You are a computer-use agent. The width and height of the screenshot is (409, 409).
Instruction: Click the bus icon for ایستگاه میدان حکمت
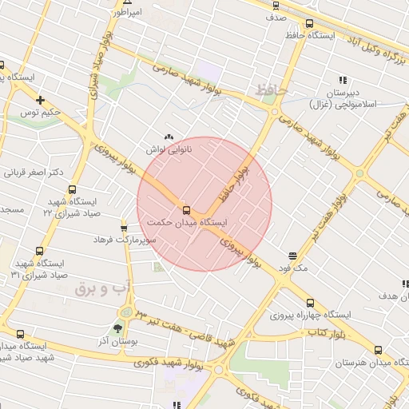(x=186, y=204)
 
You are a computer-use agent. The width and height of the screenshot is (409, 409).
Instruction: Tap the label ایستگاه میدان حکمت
(x=187, y=222)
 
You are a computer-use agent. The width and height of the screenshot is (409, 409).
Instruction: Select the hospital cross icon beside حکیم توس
(x=40, y=100)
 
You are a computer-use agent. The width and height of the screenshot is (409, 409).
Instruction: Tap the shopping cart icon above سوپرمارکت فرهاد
(x=122, y=225)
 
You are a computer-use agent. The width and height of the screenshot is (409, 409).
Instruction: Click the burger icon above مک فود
(x=294, y=256)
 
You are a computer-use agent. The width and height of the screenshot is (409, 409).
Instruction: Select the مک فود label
(x=294, y=269)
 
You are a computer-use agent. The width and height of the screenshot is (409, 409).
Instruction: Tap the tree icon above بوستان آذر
(x=118, y=328)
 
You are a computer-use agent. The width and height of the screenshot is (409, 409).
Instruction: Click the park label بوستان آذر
(x=117, y=341)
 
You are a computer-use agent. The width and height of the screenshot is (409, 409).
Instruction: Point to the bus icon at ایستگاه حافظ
(x=309, y=23)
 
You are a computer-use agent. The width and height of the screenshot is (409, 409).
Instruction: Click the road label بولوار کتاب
(x=316, y=331)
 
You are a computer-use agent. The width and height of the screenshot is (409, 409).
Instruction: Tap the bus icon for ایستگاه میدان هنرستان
(x=379, y=351)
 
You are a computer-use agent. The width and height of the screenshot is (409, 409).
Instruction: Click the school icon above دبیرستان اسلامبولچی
(x=343, y=80)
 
